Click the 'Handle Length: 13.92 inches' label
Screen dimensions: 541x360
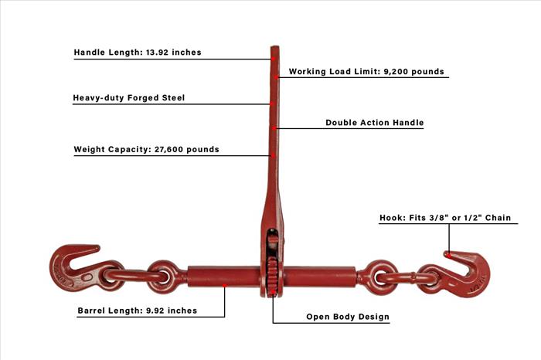tap(138, 53)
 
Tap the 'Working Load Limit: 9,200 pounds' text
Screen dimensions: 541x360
tap(366, 71)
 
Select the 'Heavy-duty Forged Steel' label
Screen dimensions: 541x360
tap(129, 98)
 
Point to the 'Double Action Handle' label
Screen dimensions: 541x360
tap(375, 122)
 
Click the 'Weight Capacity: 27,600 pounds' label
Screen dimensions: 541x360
tap(146, 149)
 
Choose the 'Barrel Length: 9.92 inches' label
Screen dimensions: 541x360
tap(138, 311)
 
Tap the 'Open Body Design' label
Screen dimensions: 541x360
tap(348, 317)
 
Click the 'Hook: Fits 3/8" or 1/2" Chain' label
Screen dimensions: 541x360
tap(445, 218)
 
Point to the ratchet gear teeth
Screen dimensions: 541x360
tap(272, 276)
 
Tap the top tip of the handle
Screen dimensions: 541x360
tap(274, 46)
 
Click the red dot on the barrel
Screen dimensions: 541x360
tap(224, 286)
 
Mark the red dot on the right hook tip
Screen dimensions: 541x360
tap(448, 255)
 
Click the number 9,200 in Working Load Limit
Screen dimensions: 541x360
tap(396, 72)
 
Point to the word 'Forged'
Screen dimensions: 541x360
tap(143, 98)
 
